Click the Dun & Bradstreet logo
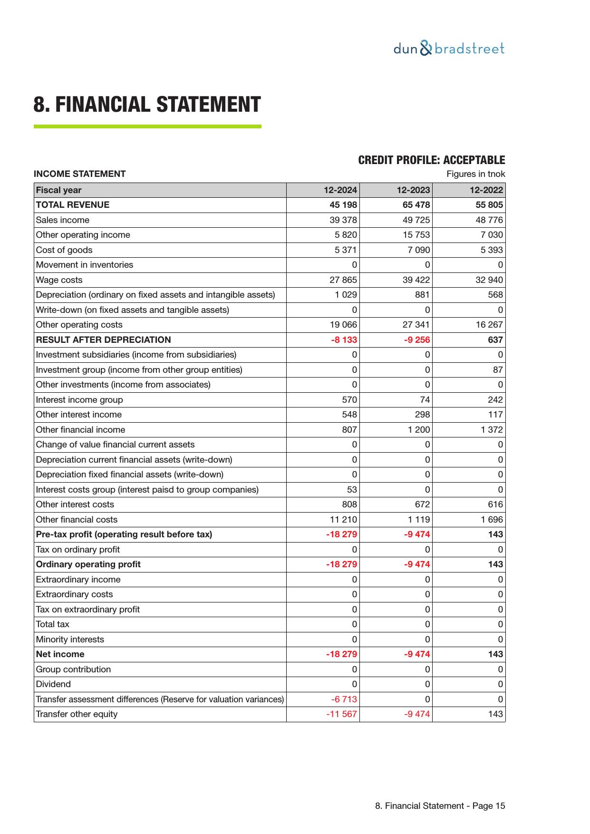point(449,48)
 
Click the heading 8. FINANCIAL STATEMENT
point(147,105)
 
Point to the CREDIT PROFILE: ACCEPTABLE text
point(431,160)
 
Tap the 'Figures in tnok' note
point(475,174)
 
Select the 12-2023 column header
point(413,190)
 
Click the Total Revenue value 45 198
point(343,205)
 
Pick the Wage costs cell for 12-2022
point(489,280)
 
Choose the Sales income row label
point(63,220)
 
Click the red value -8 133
point(344,340)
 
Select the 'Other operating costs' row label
point(79,325)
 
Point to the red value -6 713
point(344,699)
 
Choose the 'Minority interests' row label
point(70,640)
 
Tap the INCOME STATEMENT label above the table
point(79,174)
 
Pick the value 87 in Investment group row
point(498,370)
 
